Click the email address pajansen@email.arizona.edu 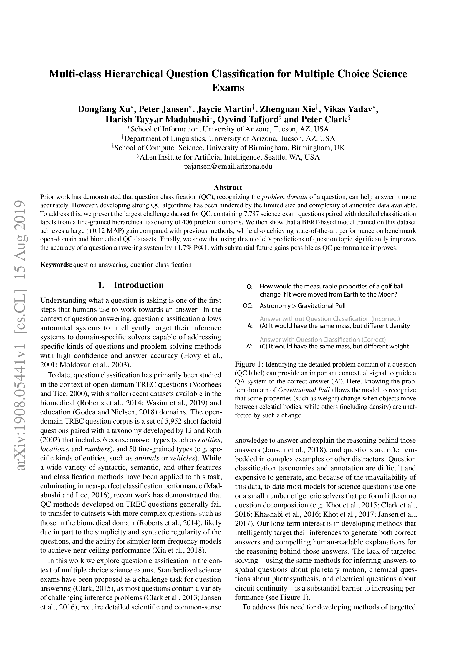(x=228, y=166)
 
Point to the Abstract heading (x=228, y=187)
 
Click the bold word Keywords (x=56, y=265)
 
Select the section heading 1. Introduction (x=131, y=285)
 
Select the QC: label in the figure (x=248, y=306)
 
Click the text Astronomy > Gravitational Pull (x=302, y=306)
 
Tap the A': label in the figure (x=249, y=347)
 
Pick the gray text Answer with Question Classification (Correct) (x=322, y=339)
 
